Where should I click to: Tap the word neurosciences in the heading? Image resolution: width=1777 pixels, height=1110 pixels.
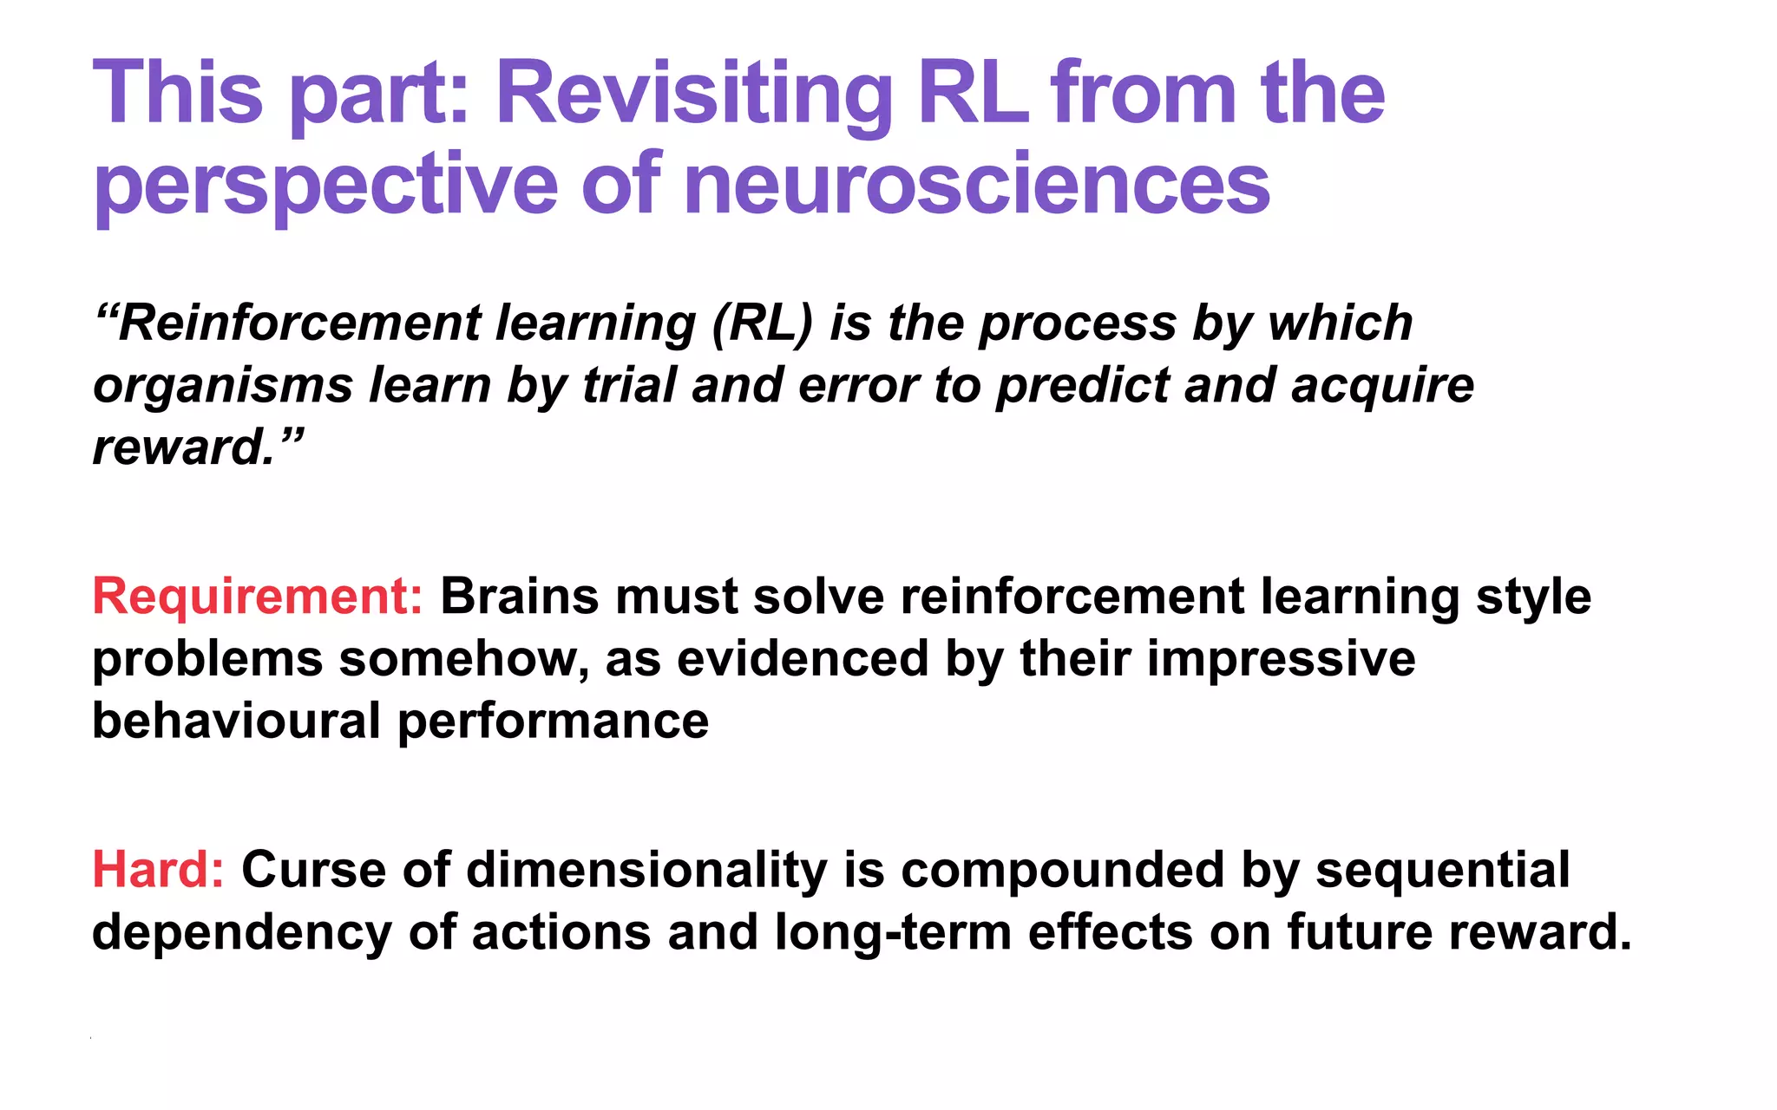(x=977, y=184)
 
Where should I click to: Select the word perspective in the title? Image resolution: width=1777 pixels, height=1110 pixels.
(x=325, y=184)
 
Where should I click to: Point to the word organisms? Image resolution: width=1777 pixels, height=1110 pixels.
(x=222, y=386)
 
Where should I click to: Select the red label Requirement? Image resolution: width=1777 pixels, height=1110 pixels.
(x=258, y=597)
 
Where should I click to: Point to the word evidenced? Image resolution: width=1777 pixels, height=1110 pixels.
(x=803, y=659)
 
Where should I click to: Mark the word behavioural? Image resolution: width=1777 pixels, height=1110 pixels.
(x=236, y=721)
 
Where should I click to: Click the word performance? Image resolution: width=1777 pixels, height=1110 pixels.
(x=553, y=721)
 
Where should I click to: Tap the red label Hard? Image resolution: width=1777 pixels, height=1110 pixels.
(x=158, y=870)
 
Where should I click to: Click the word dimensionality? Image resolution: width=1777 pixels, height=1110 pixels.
(x=646, y=870)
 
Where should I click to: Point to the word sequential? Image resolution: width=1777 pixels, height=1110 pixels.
(x=1442, y=870)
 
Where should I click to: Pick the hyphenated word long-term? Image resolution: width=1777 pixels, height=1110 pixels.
(x=893, y=932)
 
